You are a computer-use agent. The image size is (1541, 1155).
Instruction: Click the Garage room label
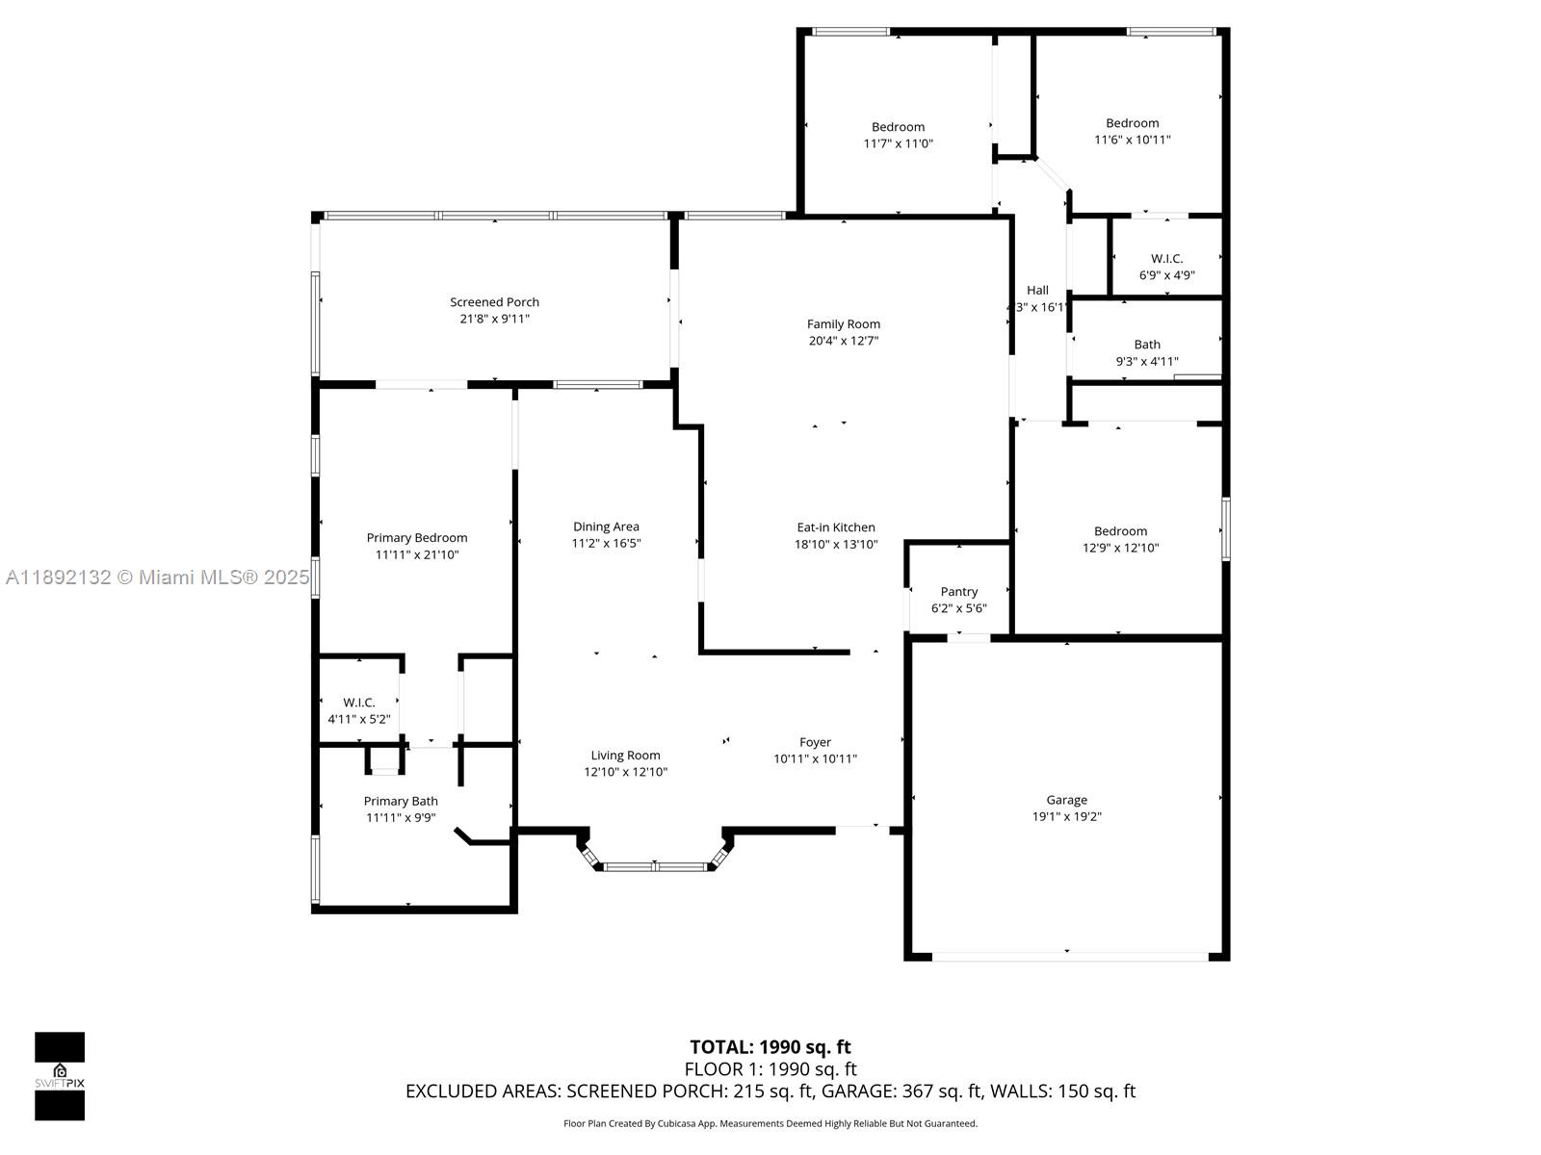click(x=1066, y=800)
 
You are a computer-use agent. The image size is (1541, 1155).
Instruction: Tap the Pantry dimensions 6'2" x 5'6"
click(x=958, y=608)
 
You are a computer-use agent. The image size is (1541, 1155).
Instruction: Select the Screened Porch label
click(x=494, y=302)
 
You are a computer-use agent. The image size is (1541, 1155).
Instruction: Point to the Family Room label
click(x=843, y=324)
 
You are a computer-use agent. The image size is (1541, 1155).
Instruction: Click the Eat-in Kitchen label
click(x=835, y=527)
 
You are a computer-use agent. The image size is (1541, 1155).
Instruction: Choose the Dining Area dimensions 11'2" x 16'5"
click(x=606, y=543)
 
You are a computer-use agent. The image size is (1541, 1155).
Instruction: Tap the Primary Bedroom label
click(x=416, y=538)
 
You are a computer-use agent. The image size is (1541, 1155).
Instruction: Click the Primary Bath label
click(x=401, y=801)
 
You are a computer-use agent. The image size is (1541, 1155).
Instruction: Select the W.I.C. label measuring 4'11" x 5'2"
click(x=358, y=703)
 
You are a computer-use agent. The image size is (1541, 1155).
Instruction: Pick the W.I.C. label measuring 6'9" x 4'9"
click(x=1166, y=259)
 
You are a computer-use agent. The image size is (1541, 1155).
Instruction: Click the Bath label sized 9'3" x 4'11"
click(x=1146, y=345)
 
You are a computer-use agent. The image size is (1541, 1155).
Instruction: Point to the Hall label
click(x=1037, y=291)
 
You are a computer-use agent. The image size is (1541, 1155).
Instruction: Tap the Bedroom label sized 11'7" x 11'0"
click(x=898, y=127)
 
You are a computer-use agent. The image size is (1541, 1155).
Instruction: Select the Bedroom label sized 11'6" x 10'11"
click(x=1132, y=123)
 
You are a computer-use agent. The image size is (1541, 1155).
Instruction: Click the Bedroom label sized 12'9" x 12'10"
click(x=1120, y=531)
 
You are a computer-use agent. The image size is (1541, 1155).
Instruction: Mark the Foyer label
click(x=815, y=742)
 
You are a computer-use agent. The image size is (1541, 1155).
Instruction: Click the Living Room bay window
click(x=655, y=865)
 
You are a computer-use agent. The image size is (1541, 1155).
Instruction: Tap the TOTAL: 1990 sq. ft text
click(x=770, y=1047)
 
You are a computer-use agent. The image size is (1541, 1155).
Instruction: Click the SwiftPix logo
click(x=60, y=1076)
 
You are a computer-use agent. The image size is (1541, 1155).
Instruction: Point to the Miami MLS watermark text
click(x=157, y=577)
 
